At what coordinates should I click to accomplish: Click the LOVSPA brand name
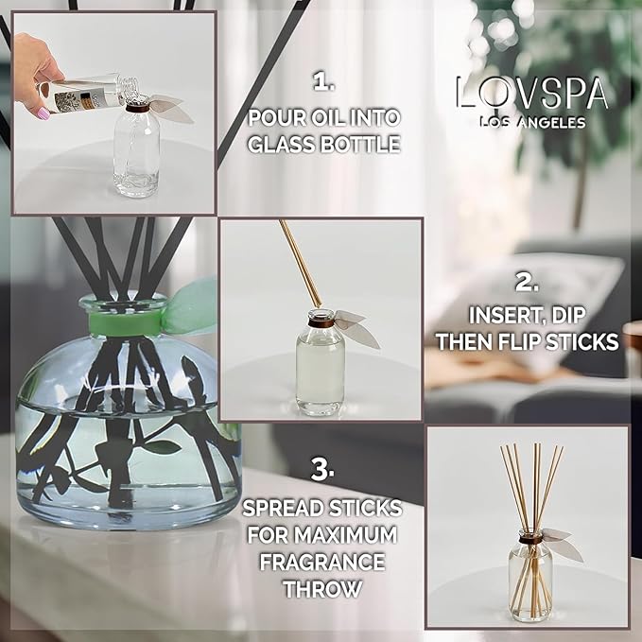530,94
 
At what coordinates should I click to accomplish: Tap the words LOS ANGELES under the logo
531,123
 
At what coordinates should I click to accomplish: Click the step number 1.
323,83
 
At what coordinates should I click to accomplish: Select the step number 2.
528,281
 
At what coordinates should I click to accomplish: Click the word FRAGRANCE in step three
323,563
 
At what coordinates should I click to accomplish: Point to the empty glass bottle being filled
138,160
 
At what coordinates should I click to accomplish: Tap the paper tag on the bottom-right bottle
561,542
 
